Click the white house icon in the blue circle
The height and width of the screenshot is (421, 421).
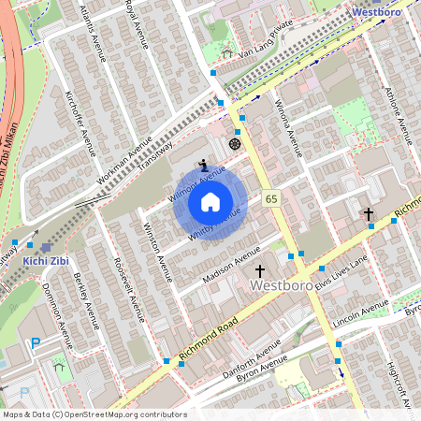pos(210,201)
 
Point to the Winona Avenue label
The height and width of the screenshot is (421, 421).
pos(288,127)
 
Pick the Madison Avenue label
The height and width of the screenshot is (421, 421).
pos(232,266)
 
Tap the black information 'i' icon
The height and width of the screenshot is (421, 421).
pos(203,165)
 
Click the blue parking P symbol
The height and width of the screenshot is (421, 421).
pos(36,343)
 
